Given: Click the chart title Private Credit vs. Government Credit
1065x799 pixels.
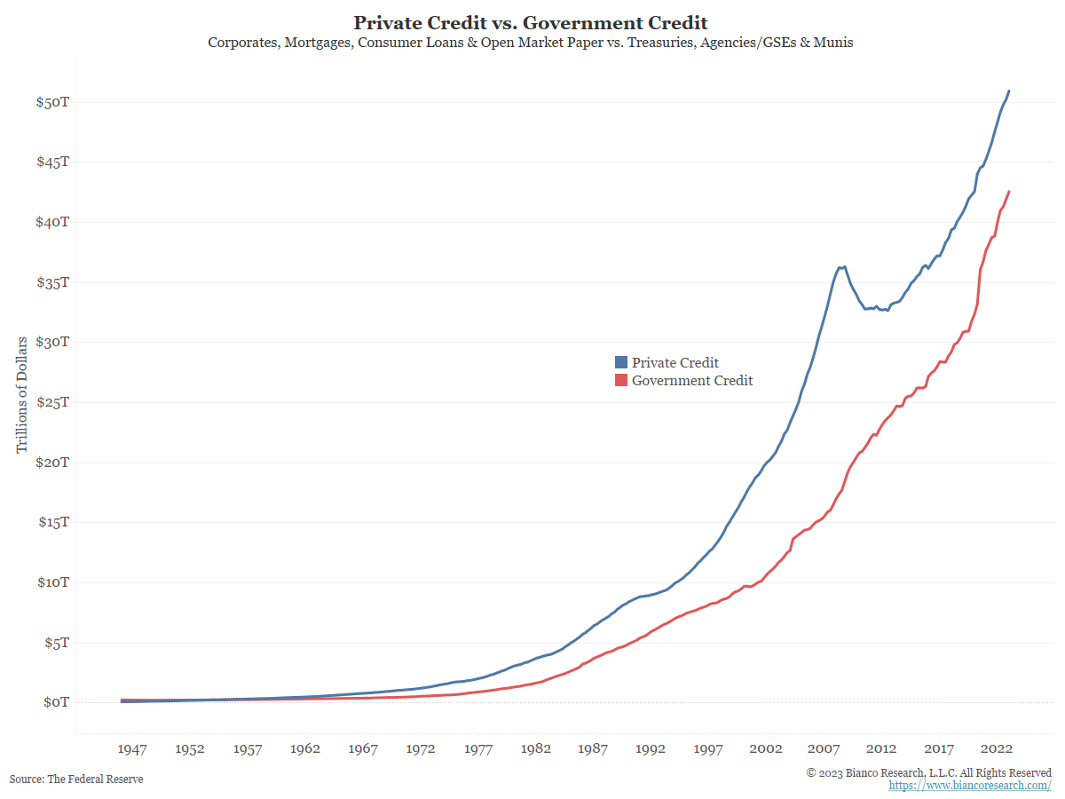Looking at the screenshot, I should tap(531, 22).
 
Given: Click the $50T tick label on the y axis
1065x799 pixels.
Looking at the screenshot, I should tap(52, 102).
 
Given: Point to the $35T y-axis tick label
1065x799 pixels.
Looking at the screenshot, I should tap(52, 282).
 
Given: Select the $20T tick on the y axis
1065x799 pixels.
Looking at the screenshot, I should tap(52, 463).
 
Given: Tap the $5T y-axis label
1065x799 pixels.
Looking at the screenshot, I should tap(56, 643).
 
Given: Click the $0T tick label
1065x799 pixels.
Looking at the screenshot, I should tap(56, 702).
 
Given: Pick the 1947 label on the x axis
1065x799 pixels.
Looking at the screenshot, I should tap(132, 749).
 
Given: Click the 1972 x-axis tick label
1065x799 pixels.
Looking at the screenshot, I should tap(421, 749).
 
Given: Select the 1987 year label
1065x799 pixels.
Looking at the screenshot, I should tap(593, 749).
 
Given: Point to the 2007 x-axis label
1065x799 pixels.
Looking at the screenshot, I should tap(824, 749).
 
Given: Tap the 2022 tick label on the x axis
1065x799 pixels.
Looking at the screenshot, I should tap(996, 749).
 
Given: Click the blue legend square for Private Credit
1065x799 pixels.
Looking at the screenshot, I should tap(621, 362).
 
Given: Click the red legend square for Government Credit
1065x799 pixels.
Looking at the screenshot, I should tap(621, 381).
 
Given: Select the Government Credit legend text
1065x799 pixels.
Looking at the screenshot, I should tap(692, 381).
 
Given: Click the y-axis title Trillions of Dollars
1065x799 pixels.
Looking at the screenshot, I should tap(22, 394).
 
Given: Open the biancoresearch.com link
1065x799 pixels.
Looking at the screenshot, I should tap(970, 786).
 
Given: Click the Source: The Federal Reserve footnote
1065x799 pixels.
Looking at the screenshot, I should tap(76, 779).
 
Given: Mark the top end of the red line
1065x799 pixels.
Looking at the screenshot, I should tap(1009, 191).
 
